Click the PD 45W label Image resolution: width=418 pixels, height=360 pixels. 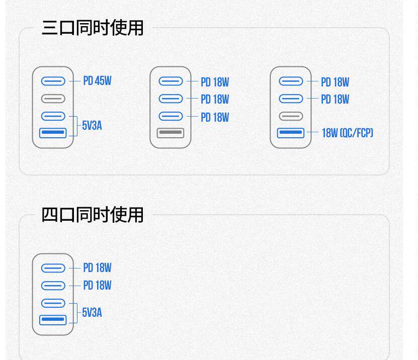pos(97,81)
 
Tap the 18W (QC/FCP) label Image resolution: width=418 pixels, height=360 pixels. pos(347,133)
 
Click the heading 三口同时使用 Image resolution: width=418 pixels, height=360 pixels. pos(93,28)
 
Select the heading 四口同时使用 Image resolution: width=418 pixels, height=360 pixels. pos(93,215)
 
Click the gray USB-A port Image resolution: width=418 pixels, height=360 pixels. pos(171,133)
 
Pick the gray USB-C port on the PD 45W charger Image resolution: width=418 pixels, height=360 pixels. pos(53,99)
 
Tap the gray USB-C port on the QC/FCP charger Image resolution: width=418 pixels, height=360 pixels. pos(291,116)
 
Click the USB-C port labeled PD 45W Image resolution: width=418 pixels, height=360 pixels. pos(53,81)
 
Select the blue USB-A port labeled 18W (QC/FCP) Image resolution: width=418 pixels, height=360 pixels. pos(291,133)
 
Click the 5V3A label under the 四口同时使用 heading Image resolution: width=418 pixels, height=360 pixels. pos(92,313)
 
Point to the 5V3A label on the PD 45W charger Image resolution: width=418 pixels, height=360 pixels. pos(92,126)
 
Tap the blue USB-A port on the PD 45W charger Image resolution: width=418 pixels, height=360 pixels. pos(53,133)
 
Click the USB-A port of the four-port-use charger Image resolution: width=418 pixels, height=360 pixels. pos(53,320)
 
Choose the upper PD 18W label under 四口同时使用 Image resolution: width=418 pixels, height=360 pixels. pos(97,268)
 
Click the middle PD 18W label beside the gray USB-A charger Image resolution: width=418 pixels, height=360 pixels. pos(215,100)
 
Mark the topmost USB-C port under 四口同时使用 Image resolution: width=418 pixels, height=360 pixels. pos(53,268)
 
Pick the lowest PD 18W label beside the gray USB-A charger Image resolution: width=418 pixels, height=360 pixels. pos(215,117)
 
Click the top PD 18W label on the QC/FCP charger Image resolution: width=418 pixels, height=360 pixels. pos(335,82)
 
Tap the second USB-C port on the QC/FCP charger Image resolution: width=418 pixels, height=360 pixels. pos(291,99)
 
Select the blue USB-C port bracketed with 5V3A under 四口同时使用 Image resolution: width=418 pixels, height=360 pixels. pos(53,303)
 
